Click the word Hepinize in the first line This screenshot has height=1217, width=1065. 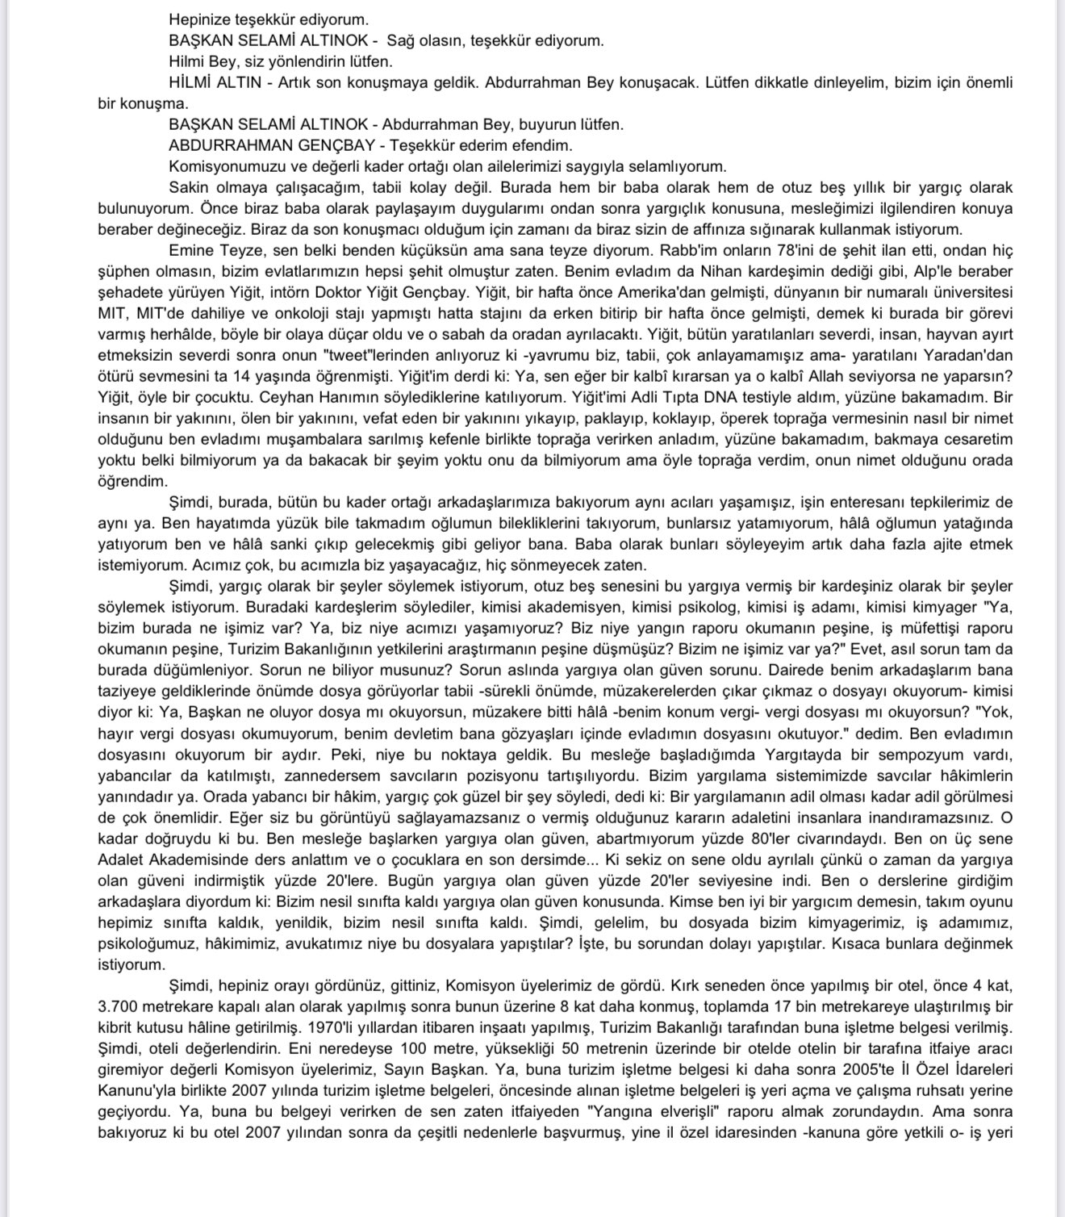(198, 19)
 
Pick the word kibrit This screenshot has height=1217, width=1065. (117, 1028)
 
